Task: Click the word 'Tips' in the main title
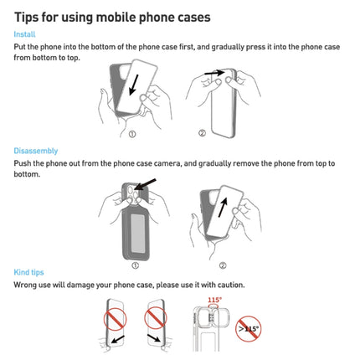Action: click(x=29, y=17)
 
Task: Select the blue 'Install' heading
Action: click(x=24, y=34)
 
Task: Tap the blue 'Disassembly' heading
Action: click(x=35, y=151)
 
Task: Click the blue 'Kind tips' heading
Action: click(x=29, y=272)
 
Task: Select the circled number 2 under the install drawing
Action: click(x=202, y=132)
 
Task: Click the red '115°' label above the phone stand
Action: click(x=214, y=301)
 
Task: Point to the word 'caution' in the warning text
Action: click(x=227, y=285)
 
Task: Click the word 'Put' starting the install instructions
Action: click(x=20, y=48)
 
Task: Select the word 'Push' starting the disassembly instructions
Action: click(x=23, y=163)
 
